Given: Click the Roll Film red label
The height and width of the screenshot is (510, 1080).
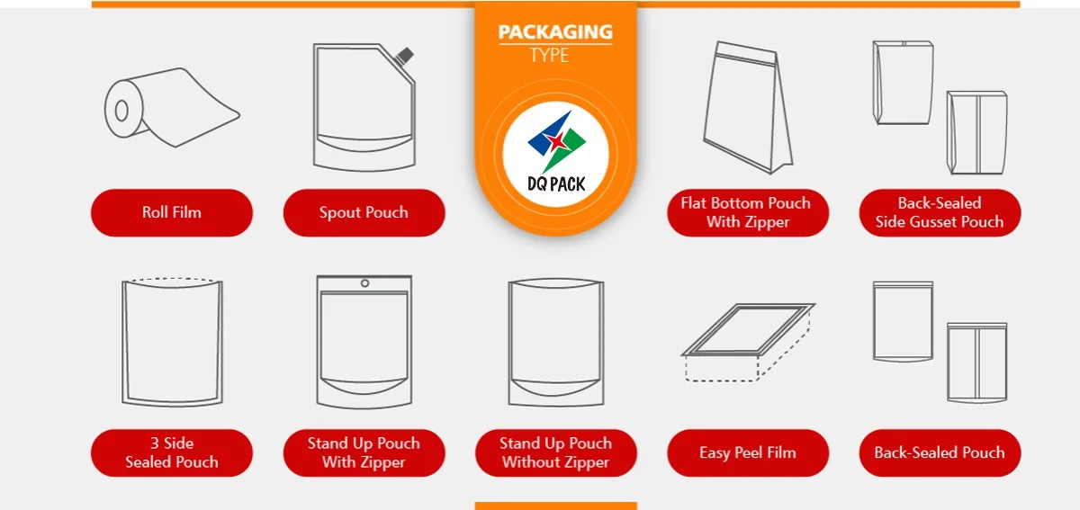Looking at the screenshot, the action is click(172, 213).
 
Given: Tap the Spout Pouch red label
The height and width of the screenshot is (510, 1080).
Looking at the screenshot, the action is click(364, 213).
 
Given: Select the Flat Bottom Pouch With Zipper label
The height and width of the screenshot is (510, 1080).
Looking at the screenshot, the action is click(747, 213).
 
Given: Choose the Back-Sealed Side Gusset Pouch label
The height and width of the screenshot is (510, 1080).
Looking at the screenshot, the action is click(940, 213).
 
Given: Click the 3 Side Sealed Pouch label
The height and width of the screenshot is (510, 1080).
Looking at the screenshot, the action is click(172, 452).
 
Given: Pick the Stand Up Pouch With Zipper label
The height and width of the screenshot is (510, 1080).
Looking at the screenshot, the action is click(364, 452).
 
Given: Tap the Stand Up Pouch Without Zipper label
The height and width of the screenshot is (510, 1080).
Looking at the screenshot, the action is click(555, 452).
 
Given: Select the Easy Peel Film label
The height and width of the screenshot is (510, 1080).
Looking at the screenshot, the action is click(747, 452).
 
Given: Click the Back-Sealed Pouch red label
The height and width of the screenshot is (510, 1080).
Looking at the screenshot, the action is click(940, 452).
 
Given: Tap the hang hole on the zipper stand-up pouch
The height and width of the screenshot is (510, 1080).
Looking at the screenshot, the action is click(364, 283).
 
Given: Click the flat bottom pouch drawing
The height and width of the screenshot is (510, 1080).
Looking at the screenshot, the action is click(747, 108).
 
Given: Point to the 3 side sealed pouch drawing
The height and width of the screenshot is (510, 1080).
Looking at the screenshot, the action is click(172, 342).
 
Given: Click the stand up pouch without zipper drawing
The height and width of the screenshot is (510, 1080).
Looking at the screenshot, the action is click(555, 342).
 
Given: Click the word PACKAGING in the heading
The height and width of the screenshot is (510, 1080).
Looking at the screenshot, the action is click(555, 33).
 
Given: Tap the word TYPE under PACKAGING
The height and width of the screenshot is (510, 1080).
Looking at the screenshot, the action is click(549, 55).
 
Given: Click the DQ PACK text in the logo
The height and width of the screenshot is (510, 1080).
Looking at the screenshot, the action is click(556, 184).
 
